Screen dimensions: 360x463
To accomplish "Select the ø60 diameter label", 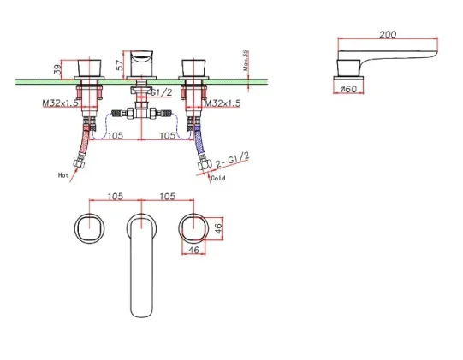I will click(x=349, y=88).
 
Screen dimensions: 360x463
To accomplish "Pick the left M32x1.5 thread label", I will click(x=61, y=103).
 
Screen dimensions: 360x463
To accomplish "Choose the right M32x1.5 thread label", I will click(x=223, y=103).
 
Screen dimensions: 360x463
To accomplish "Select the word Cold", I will click(x=217, y=179).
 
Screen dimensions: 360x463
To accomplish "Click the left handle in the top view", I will click(x=89, y=228).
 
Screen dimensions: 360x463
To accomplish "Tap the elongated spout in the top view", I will click(x=141, y=265).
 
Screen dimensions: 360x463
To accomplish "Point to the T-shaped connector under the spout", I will click(x=140, y=112).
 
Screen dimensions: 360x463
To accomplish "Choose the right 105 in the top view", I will click(x=167, y=195).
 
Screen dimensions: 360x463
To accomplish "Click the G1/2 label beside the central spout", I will click(x=168, y=92).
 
